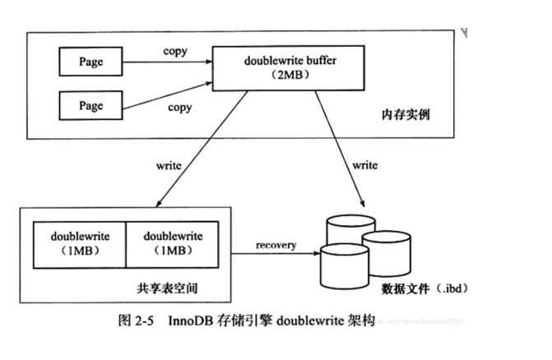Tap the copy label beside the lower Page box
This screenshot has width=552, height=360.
coord(180,108)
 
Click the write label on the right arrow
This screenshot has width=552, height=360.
coord(365,165)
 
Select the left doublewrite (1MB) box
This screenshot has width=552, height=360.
coord(80,244)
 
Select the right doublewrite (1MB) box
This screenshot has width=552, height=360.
coord(173,244)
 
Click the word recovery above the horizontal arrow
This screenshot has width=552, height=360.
coord(275,245)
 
